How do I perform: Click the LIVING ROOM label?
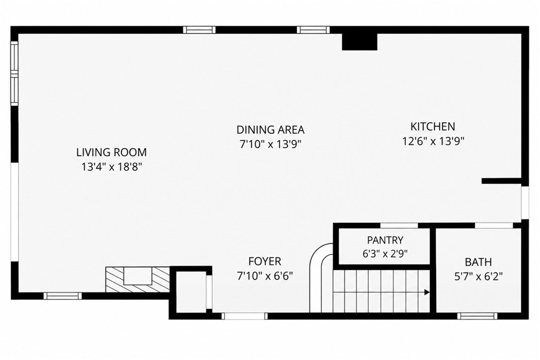[x=111, y=152]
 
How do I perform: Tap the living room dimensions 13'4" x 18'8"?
[x=112, y=167]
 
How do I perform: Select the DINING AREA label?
[x=271, y=130]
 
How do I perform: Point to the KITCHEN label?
[x=432, y=127]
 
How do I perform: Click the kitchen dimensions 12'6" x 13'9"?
[x=433, y=141]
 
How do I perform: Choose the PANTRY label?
[x=385, y=240]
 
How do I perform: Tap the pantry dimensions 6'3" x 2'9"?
[x=385, y=254]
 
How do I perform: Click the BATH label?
[x=478, y=262]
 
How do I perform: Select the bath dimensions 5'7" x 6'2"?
[x=478, y=276]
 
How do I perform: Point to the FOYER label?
[x=265, y=261]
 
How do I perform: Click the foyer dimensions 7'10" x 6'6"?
[x=265, y=276]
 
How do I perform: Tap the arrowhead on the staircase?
[x=427, y=293]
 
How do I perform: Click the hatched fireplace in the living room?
[x=138, y=279]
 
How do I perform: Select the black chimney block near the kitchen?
[x=359, y=41]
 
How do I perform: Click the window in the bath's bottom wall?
[x=477, y=316]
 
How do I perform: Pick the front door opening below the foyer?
[x=244, y=316]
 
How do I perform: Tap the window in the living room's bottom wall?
[x=63, y=296]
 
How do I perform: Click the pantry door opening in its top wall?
[x=399, y=226]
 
